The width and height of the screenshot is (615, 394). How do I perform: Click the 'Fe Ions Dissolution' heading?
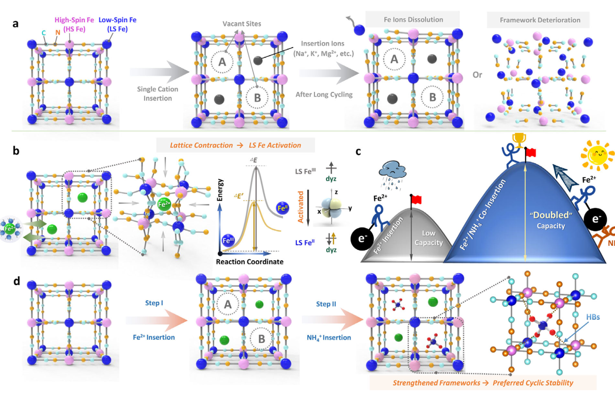click(411, 20)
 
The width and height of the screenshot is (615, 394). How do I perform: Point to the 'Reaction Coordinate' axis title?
click(250, 262)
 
